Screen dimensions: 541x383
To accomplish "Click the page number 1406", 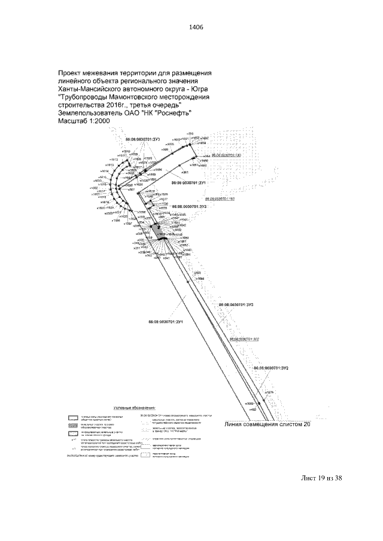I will point(191,27).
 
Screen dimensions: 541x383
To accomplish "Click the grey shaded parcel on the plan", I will point(157,230).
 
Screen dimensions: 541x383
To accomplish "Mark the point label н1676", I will point(270,393).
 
